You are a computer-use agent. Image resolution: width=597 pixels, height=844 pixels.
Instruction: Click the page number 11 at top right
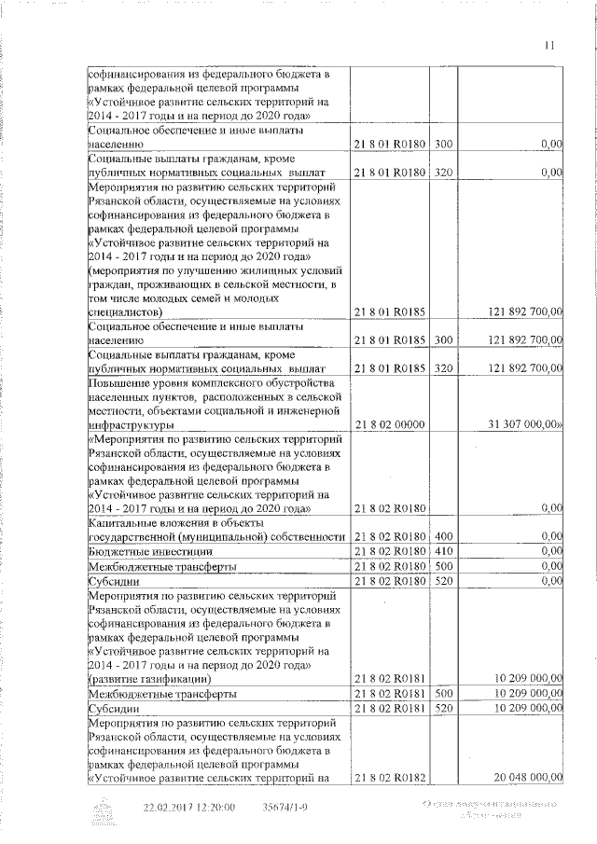pyautogui.click(x=548, y=45)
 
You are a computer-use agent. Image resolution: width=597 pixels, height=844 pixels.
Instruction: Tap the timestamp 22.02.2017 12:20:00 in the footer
pyautogui.click(x=188, y=808)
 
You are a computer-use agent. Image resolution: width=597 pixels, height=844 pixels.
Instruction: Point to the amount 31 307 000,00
pyautogui.click(x=524, y=424)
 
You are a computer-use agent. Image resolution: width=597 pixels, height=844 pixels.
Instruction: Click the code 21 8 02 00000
pyautogui.click(x=390, y=424)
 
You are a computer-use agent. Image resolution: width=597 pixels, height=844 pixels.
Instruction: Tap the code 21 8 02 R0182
pyautogui.click(x=390, y=777)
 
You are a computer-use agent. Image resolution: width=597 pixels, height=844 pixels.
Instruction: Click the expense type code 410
pyautogui.click(x=443, y=551)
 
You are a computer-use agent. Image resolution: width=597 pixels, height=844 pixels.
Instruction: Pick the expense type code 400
pyautogui.click(x=443, y=536)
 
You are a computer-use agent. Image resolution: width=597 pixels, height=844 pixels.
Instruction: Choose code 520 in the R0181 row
pyautogui.click(x=443, y=708)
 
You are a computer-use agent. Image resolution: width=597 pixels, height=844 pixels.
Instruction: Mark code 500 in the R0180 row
pyautogui.click(x=443, y=566)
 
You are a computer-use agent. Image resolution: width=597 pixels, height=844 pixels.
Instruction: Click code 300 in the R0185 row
pyautogui.click(x=443, y=340)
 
